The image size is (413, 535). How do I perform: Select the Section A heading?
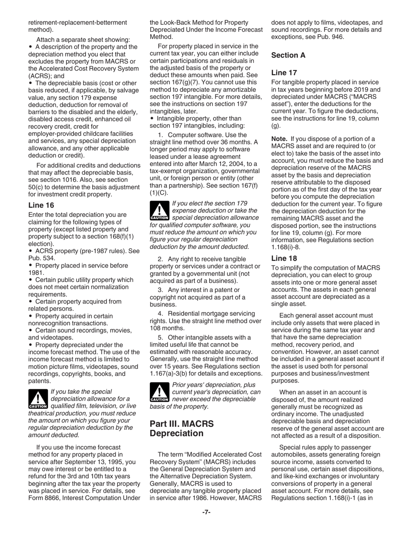point(288,55)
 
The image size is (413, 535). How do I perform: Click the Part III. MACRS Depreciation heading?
point(177,428)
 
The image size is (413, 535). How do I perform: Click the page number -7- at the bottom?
point(206,512)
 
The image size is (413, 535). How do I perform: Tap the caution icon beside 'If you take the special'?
point(38,399)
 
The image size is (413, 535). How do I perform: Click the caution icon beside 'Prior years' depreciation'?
point(160,392)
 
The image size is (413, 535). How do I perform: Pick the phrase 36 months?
point(237,142)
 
